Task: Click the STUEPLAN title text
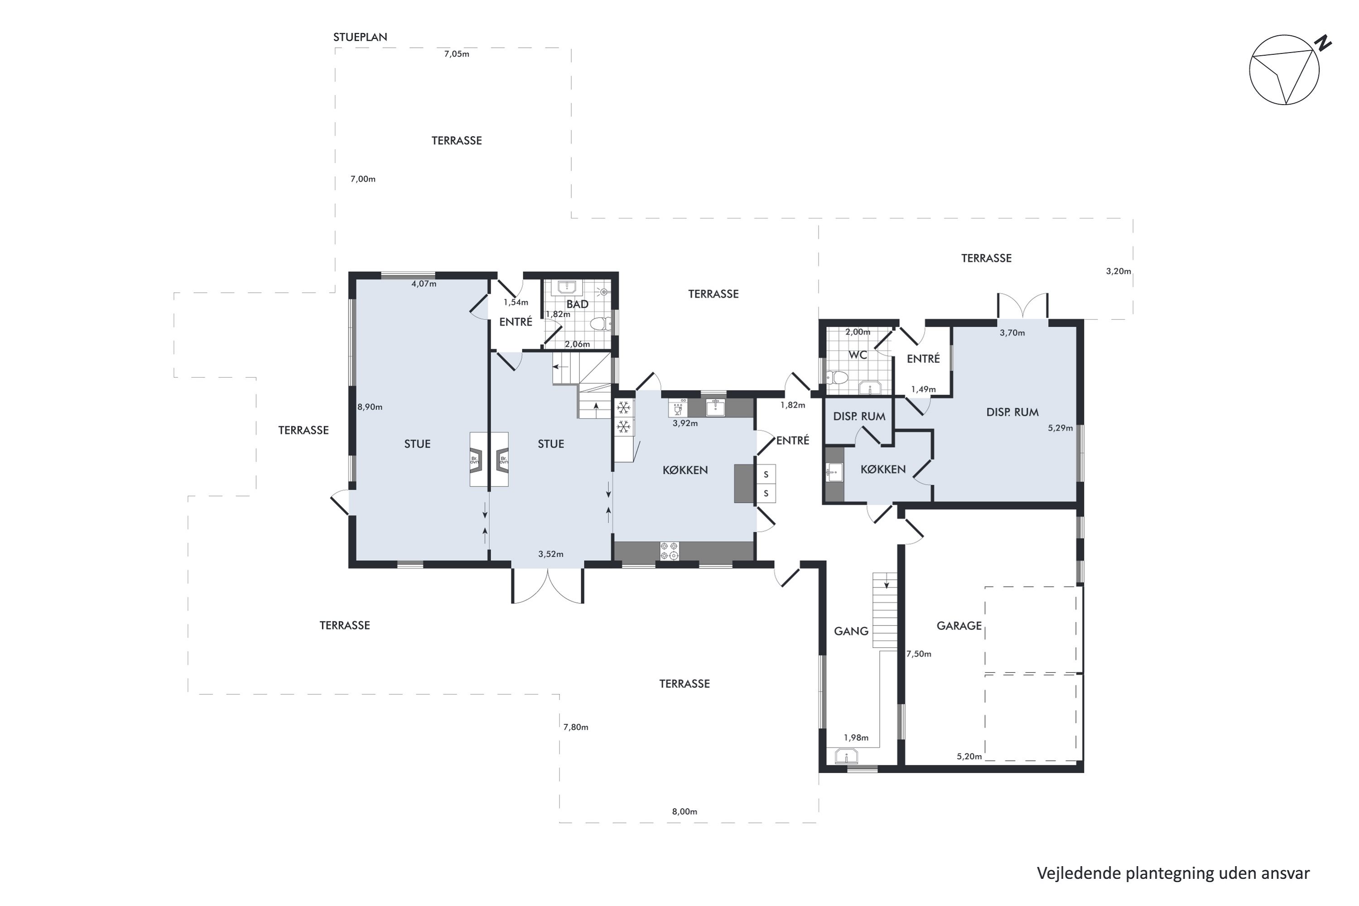pos(360,37)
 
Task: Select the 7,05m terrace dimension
pos(457,54)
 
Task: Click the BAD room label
pos(577,304)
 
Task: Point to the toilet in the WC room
pos(837,378)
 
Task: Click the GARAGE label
pos(959,625)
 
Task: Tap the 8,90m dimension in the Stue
pos(370,407)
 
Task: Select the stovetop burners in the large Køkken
pos(670,551)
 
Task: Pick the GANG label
pos(851,631)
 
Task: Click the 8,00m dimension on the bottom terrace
pos(684,811)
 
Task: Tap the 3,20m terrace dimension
pos(1118,271)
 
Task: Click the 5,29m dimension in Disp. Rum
pos(1060,428)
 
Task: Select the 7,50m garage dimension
pos(919,654)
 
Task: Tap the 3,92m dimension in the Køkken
pos(685,423)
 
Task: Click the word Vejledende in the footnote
pos(1079,873)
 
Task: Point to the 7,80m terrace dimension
pos(576,727)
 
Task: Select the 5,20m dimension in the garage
pos(969,757)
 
